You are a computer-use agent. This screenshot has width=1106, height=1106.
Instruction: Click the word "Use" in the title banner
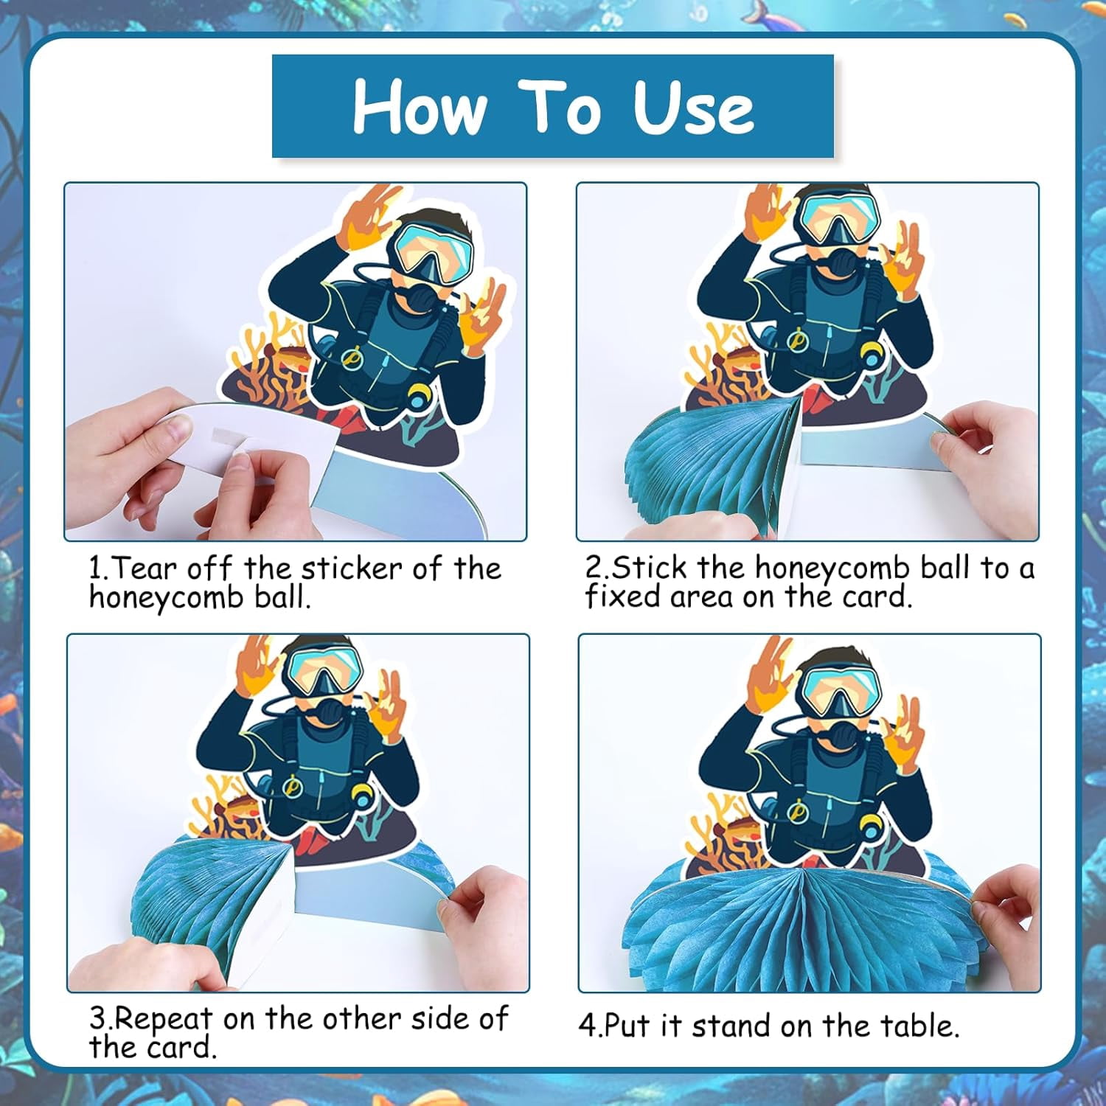point(693,107)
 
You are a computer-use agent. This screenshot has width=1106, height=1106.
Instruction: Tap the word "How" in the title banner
point(420,107)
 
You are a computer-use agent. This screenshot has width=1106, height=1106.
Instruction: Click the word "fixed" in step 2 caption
point(624,597)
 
